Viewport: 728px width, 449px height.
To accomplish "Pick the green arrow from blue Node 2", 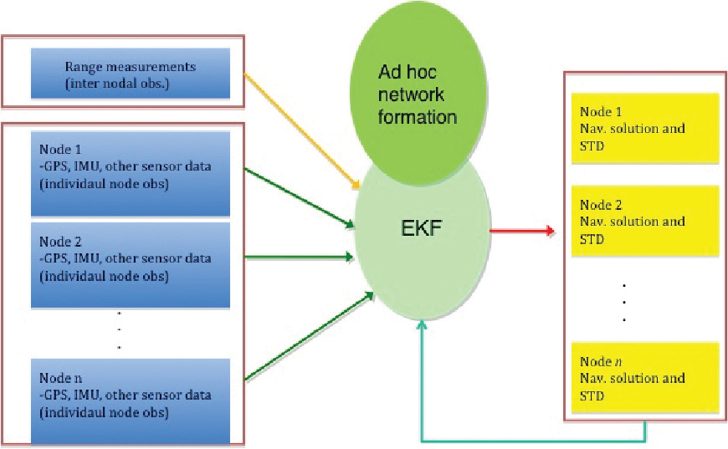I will coord(297,258).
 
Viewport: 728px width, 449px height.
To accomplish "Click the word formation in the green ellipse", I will coord(418,117).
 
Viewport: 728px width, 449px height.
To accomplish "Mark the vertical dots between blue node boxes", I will coord(120,330).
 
